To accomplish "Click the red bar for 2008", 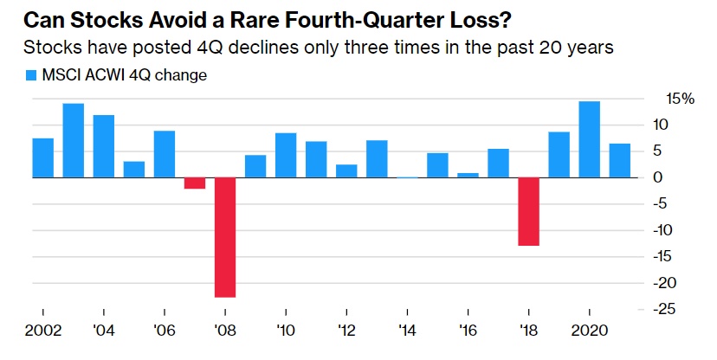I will pos(225,237).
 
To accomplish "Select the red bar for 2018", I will pos(528,211).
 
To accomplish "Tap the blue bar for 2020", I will pos(589,139).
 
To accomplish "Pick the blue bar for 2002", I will pos(43,157).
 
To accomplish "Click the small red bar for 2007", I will pos(195,183).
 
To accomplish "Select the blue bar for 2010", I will pos(286,155).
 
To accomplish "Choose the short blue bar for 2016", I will pos(468,175).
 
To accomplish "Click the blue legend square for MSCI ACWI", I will pos(31,75).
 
